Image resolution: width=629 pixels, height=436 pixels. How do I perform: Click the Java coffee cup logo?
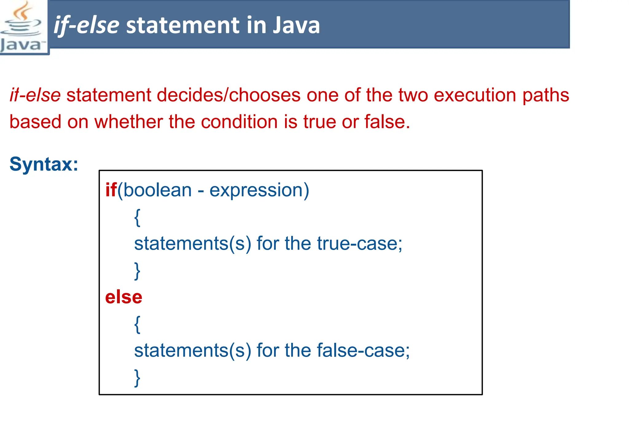pyautogui.click(x=22, y=27)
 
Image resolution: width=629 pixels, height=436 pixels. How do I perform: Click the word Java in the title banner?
pyautogui.click(x=296, y=25)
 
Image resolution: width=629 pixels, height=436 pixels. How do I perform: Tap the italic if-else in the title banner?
pyautogui.click(x=86, y=25)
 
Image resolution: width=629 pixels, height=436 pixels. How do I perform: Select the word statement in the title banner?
pyautogui.click(x=183, y=25)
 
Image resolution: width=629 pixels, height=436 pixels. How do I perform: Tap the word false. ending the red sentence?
pyautogui.click(x=387, y=121)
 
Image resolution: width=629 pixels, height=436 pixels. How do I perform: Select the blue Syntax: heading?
pyautogui.click(x=44, y=164)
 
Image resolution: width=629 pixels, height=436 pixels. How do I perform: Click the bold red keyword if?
pyautogui.click(x=111, y=190)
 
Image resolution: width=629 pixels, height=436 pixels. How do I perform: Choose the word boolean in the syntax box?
pyautogui.click(x=158, y=190)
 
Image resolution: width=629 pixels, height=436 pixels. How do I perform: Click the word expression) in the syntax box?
pyautogui.click(x=259, y=190)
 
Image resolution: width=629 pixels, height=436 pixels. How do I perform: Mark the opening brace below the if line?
pyautogui.click(x=137, y=217)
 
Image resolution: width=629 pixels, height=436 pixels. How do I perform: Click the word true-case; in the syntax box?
pyautogui.click(x=359, y=244)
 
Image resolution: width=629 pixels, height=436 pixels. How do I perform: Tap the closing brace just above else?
pyautogui.click(x=137, y=271)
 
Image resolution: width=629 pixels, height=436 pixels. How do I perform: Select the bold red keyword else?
pyautogui.click(x=123, y=297)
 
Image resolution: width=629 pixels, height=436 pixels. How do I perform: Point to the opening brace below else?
pyautogui.click(x=137, y=324)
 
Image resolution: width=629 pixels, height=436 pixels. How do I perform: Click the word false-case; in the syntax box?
pyautogui.click(x=363, y=350)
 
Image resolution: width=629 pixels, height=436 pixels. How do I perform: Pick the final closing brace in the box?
pyautogui.click(x=137, y=378)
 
